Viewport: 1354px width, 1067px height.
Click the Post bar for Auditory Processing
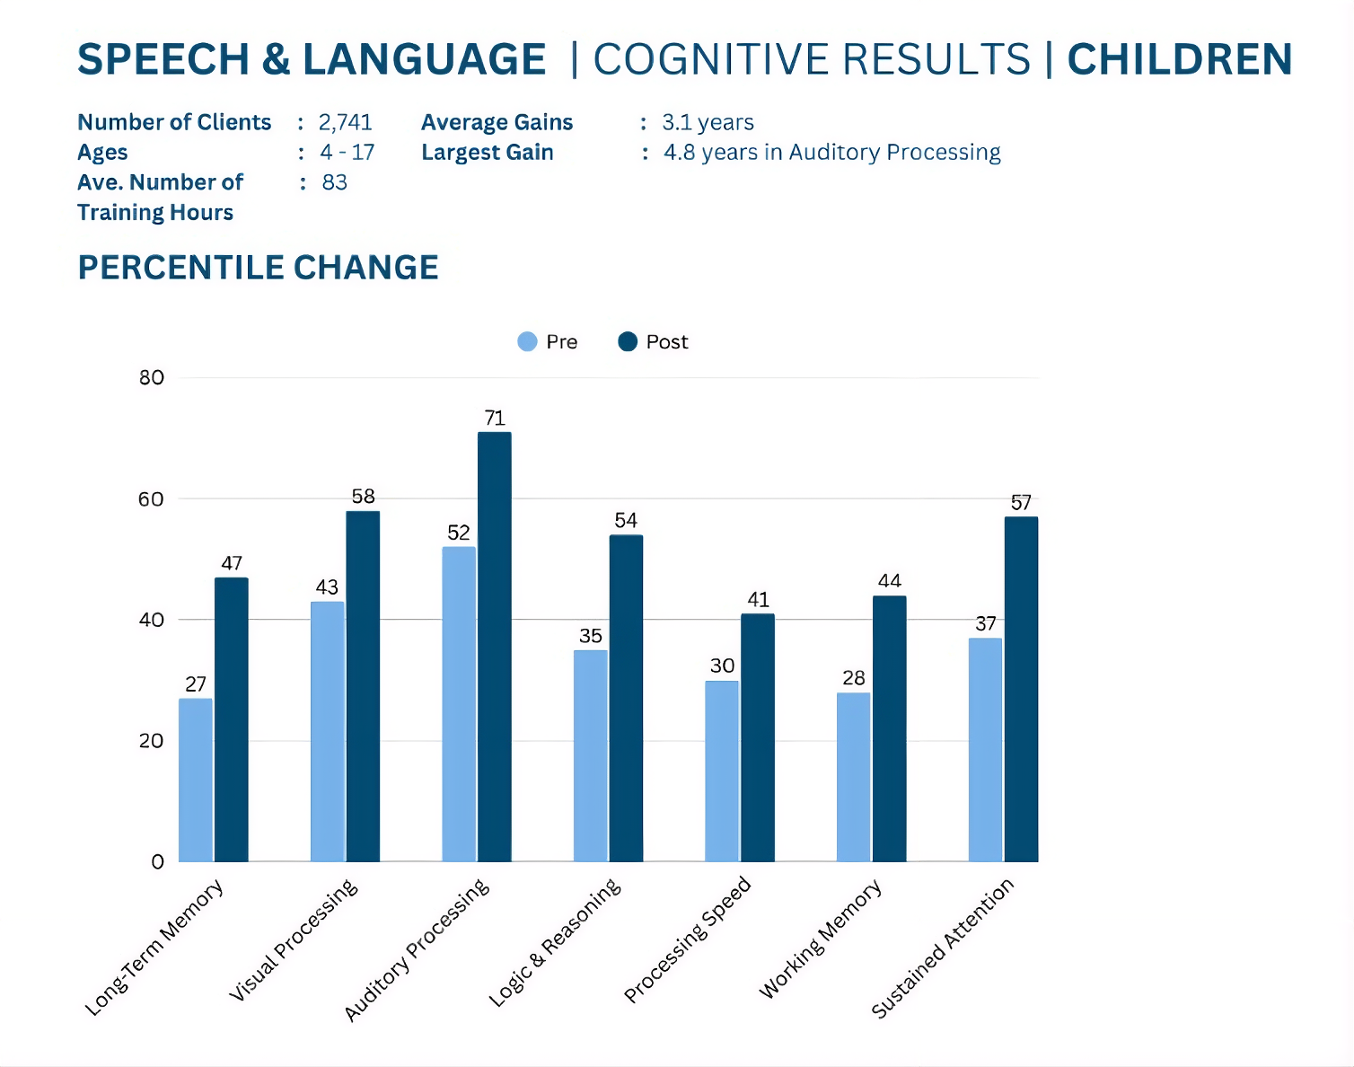[x=495, y=647]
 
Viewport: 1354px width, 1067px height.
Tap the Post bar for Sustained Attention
[x=1021, y=689]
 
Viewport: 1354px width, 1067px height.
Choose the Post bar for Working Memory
[x=889, y=728]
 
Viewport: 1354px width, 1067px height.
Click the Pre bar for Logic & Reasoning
[x=590, y=755]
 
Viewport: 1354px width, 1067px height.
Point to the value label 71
[x=495, y=418]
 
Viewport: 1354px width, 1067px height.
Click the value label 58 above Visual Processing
[x=363, y=496]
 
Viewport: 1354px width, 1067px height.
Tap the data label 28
[x=853, y=678]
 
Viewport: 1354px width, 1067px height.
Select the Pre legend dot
[x=528, y=341]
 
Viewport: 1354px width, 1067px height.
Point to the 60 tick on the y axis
[x=151, y=499]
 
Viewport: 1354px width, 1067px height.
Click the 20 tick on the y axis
[x=151, y=741]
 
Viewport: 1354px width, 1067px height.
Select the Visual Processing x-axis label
[x=294, y=939]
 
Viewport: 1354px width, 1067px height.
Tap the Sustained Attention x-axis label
[x=943, y=948]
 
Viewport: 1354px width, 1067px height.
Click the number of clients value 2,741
[x=345, y=122]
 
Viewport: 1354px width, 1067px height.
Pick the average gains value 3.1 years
[x=708, y=122]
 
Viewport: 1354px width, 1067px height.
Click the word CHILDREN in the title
[x=1179, y=59]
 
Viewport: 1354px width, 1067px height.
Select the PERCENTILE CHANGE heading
[x=259, y=268]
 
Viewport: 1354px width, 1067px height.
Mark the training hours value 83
[x=334, y=182]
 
